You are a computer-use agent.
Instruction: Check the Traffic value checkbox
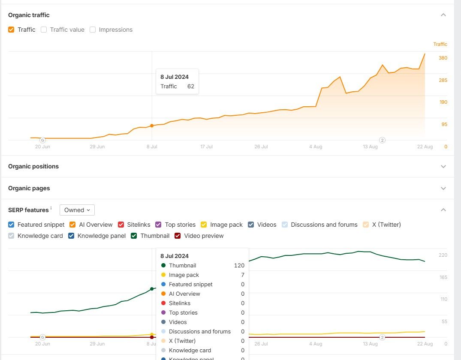click(x=44, y=30)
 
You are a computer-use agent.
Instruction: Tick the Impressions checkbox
click(x=93, y=30)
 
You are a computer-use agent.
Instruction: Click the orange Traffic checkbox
click(x=11, y=30)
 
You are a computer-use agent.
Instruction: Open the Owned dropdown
click(x=77, y=210)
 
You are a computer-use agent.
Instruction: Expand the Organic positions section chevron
click(x=443, y=166)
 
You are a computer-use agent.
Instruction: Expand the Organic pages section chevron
click(x=443, y=188)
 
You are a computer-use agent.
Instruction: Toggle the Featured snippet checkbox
click(x=11, y=225)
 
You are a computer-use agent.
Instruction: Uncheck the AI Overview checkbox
click(x=72, y=225)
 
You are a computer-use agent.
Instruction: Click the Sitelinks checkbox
click(x=121, y=225)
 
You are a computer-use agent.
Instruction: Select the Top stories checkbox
click(x=158, y=225)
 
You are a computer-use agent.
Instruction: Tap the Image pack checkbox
click(x=204, y=225)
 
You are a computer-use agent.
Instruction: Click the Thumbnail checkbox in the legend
click(x=134, y=236)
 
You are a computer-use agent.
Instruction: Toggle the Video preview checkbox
click(x=178, y=236)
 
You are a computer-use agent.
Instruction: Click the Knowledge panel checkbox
click(x=71, y=236)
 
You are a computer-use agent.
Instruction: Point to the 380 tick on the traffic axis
click(x=443, y=58)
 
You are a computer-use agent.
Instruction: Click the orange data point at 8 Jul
click(x=152, y=126)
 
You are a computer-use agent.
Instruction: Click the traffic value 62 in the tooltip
click(x=191, y=86)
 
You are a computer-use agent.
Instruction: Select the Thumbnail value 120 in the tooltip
click(x=239, y=265)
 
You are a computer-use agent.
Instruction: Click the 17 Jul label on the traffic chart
click(x=206, y=147)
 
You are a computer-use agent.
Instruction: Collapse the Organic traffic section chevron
click(x=443, y=15)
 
